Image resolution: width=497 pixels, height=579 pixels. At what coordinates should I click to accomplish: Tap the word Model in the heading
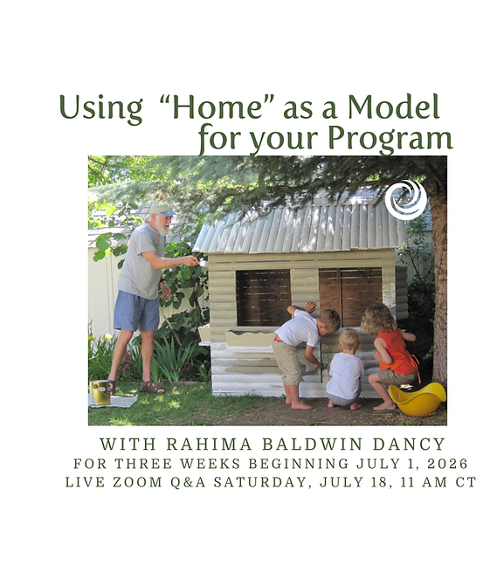pos(393,107)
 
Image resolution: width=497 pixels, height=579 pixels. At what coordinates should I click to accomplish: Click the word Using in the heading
pos(100,108)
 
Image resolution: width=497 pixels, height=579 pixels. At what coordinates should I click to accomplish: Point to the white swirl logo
pos(405,199)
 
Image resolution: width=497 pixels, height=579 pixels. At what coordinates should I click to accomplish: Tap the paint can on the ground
pos(102,391)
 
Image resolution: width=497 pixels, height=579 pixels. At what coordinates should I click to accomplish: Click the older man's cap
pos(160,210)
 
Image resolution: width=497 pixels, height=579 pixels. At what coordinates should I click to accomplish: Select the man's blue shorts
pos(137,310)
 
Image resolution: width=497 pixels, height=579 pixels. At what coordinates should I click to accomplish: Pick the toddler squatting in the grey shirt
pos(346,371)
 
